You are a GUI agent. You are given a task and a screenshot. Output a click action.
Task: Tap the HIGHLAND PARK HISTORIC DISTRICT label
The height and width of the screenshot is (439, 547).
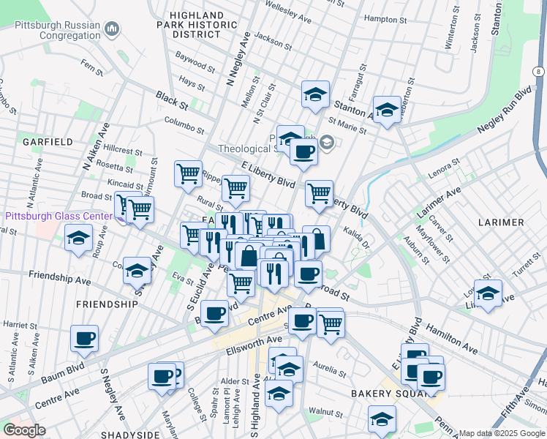[196, 24]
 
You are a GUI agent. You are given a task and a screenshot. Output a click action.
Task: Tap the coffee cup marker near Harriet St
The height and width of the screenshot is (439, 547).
[84, 338]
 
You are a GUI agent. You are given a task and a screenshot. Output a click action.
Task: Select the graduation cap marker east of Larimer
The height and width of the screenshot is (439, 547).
[488, 293]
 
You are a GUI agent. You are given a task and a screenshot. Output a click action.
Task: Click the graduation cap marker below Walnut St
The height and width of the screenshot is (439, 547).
[382, 419]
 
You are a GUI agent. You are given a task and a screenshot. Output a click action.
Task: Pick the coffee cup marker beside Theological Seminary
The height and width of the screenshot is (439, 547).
[303, 151]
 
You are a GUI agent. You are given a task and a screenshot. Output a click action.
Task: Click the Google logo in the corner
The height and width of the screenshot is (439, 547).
[25, 430]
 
